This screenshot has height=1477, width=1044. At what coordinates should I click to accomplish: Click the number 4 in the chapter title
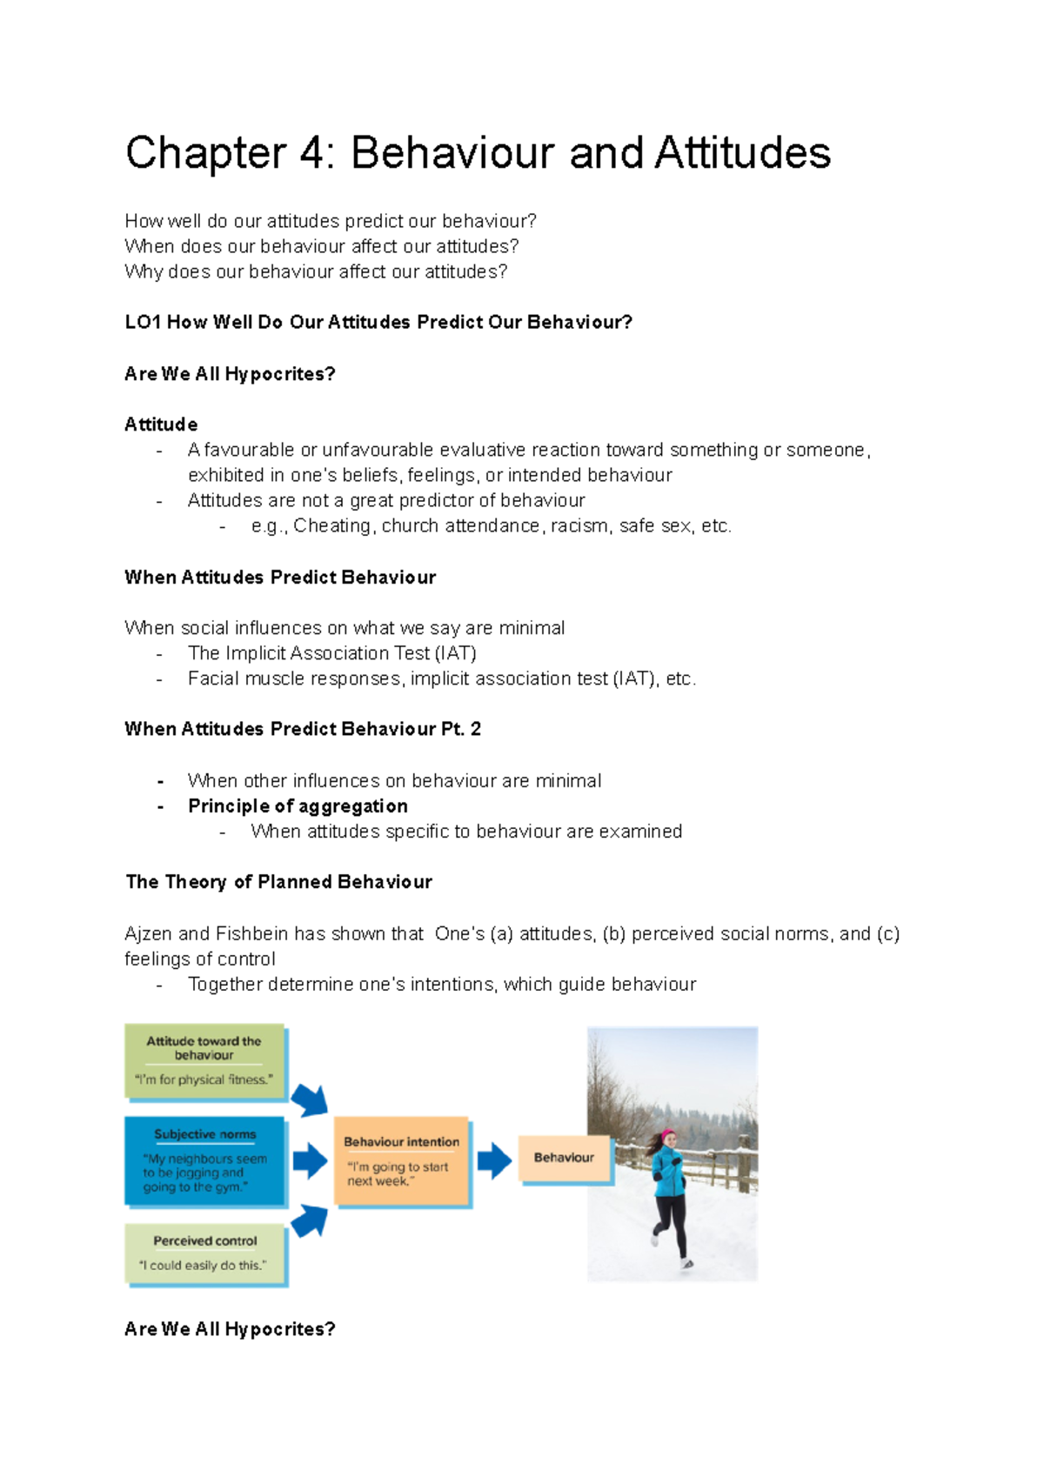tap(311, 153)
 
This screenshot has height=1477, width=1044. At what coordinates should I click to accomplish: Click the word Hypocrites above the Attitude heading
tap(279, 374)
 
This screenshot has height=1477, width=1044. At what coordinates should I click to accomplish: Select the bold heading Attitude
tap(161, 424)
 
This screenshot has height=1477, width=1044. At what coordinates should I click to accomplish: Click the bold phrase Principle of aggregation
tap(298, 806)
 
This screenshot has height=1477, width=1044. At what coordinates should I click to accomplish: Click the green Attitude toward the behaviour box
tap(204, 1061)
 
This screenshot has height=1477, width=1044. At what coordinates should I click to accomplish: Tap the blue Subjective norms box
tap(204, 1161)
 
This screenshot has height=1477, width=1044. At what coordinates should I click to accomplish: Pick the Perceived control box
tap(204, 1253)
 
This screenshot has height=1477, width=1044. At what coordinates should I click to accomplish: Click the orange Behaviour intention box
tap(401, 1160)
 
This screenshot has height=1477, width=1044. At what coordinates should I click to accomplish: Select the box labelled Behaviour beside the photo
tap(564, 1158)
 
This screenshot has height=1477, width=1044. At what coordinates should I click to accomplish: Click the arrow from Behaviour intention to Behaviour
tap(494, 1160)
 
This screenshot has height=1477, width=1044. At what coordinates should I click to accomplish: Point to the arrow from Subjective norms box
tap(310, 1160)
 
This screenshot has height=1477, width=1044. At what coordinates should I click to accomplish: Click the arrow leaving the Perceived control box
tap(310, 1220)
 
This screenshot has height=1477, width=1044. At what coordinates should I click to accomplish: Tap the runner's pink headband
tap(668, 1136)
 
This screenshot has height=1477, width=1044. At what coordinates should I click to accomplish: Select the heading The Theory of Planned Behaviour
tap(278, 882)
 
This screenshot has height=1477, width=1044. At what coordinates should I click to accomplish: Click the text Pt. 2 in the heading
tap(461, 729)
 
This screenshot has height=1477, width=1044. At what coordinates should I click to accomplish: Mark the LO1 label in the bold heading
tap(143, 323)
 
